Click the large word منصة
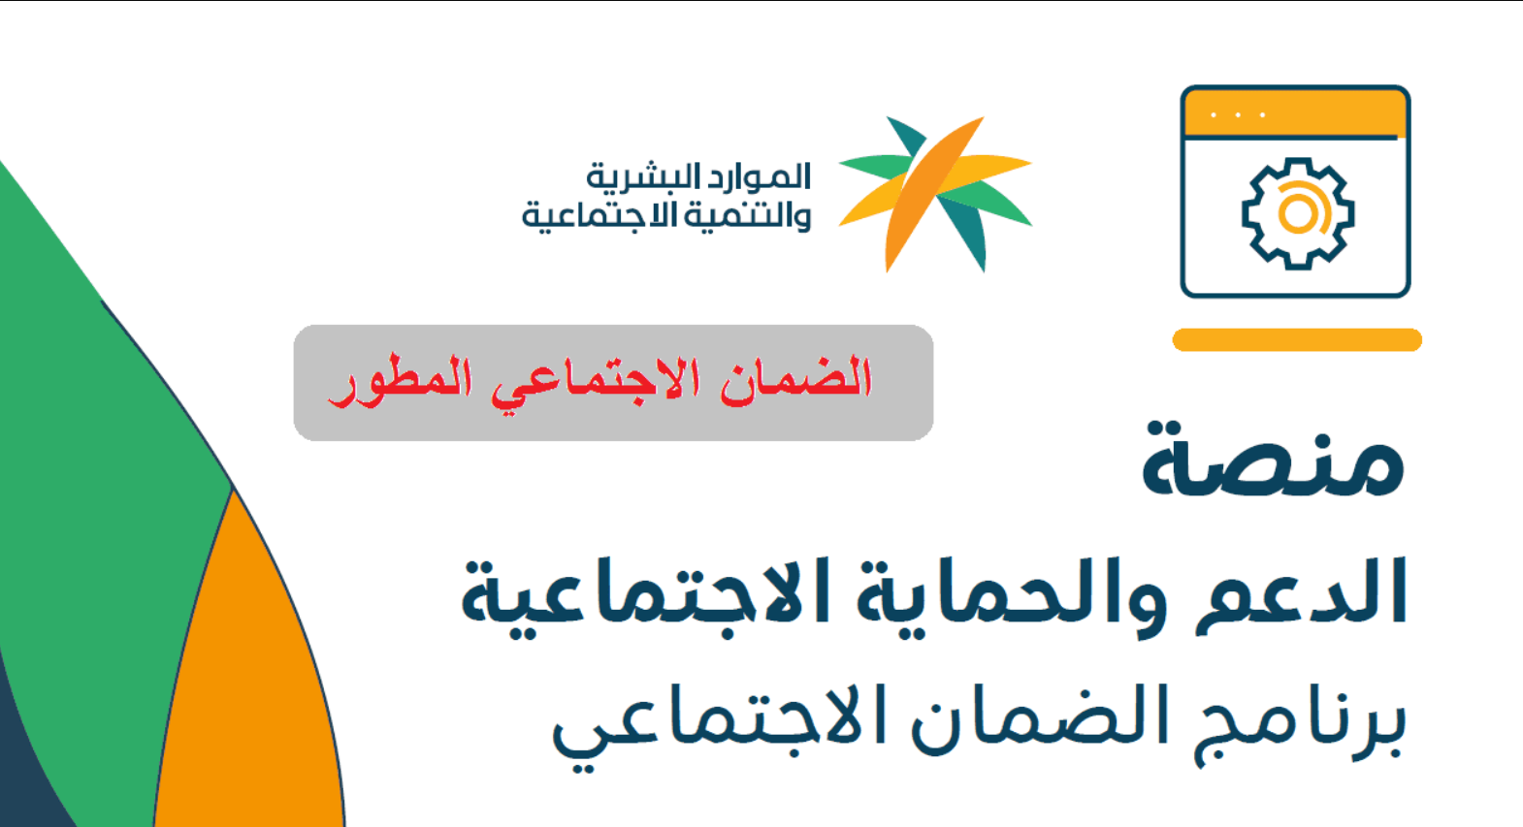1273,461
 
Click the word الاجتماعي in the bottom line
720,728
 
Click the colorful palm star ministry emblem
935,194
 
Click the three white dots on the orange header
1238,114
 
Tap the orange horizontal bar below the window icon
1297,339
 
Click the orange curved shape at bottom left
251,680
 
